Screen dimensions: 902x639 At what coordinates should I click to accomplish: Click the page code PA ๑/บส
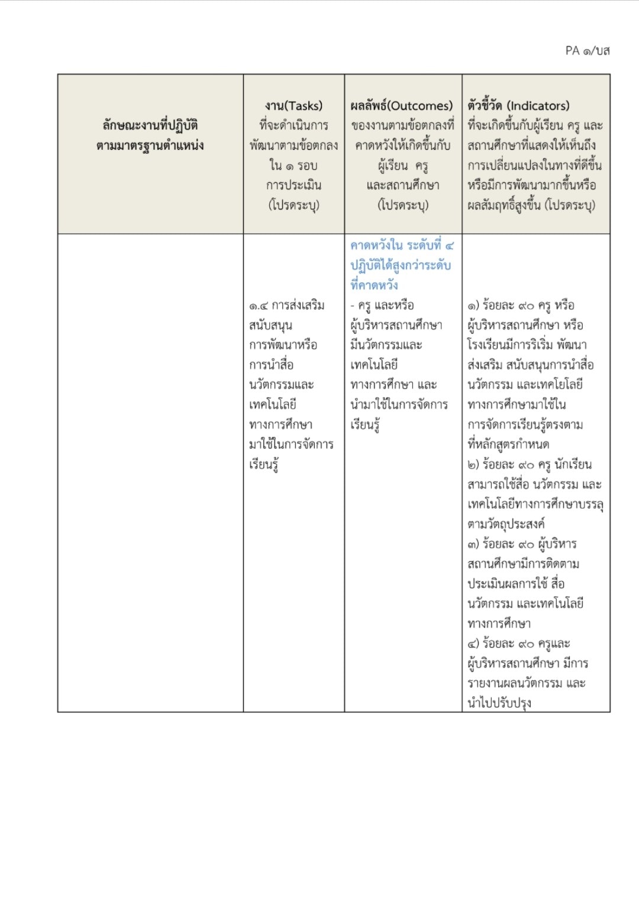(x=587, y=51)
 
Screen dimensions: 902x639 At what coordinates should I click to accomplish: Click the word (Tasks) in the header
(x=304, y=106)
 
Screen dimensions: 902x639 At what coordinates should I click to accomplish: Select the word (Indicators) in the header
(x=538, y=106)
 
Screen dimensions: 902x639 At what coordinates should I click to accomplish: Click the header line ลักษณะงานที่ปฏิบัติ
(x=150, y=125)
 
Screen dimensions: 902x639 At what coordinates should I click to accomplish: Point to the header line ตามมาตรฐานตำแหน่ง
(x=150, y=146)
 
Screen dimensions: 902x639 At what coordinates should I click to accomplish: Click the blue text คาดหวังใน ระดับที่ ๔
(x=402, y=245)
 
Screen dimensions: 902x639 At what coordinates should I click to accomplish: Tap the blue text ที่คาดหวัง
(x=374, y=285)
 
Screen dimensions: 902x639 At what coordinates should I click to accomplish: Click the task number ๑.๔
(x=259, y=306)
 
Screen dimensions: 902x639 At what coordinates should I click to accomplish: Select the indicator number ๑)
(x=473, y=306)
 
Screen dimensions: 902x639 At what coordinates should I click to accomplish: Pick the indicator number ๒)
(x=473, y=464)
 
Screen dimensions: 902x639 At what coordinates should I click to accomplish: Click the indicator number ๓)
(x=473, y=544)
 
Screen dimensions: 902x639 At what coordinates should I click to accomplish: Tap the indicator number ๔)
(x=473, y=644)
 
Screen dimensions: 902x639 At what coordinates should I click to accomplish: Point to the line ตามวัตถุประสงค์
(x=506, y=524)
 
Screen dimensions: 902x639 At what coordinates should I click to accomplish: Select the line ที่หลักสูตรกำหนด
(x=508, y=444)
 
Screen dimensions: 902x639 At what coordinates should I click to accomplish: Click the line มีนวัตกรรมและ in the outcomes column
(x=386, y=345)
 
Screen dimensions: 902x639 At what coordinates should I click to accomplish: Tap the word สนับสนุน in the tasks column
(x=270, y=325)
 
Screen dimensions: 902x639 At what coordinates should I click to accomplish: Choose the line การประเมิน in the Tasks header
(x=293, y=185)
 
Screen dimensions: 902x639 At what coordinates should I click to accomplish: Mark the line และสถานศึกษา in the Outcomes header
(x=403, y=185)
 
